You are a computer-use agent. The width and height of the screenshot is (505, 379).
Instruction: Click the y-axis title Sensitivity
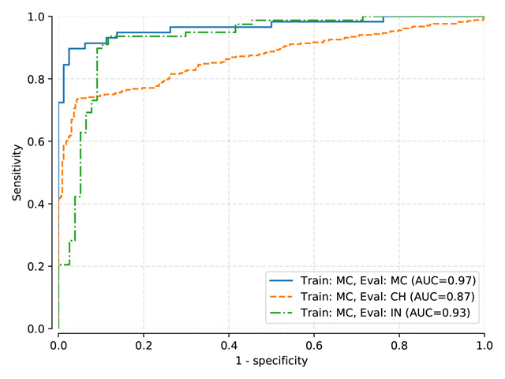click(17, 172)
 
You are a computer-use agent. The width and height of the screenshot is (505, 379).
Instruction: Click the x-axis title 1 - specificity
click(271, 361)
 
